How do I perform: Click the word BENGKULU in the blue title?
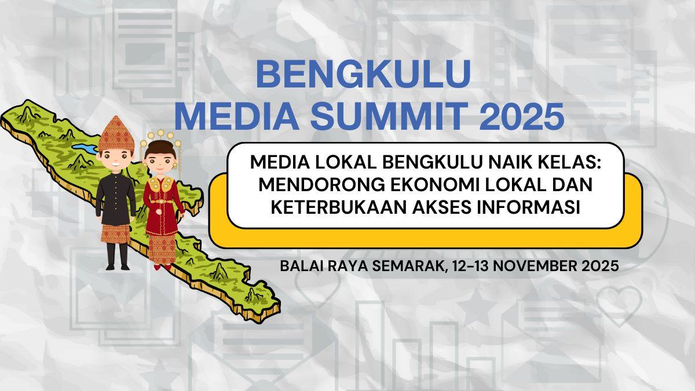(363, 75)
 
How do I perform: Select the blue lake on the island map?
(84, 150)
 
